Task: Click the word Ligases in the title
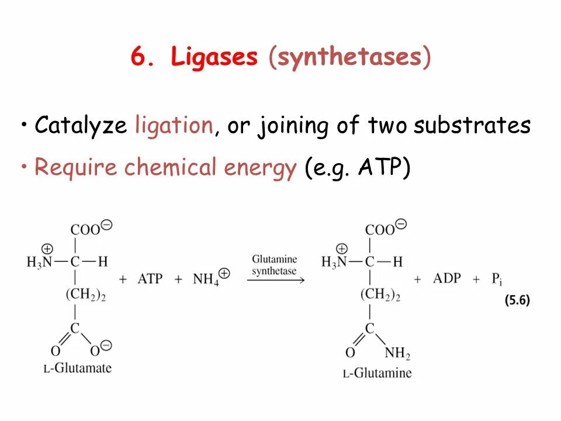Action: tap(214, 58)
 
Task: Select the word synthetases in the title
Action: tap(349, 58)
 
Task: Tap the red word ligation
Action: tap(174, 125)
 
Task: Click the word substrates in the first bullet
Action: tap(472, 125)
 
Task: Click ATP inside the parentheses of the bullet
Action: tap(380, 168)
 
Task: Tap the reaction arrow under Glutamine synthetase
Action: tap(275, 280)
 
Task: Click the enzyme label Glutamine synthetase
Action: tap(275, 265)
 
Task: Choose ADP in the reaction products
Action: tap(447, 278)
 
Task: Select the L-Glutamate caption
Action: tap(78, 368)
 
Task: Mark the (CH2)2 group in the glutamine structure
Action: tap(379, 295)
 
